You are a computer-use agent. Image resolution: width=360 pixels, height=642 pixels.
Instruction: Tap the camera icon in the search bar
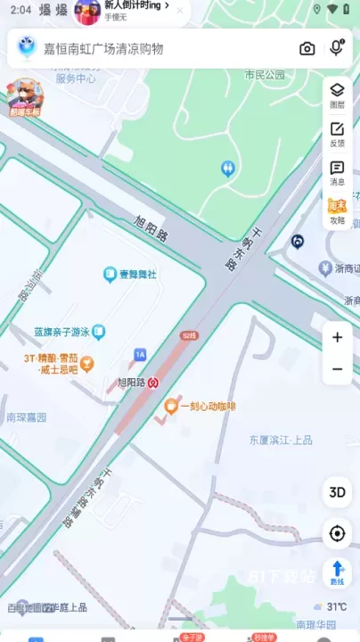[307, 48]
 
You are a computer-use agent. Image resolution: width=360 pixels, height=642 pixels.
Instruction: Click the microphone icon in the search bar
[336, 48]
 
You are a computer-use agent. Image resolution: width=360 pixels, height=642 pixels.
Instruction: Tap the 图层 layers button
[337, 94]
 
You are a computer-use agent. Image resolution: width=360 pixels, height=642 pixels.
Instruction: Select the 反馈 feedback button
[337, 134]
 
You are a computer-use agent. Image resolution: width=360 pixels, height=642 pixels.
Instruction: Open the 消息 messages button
[337, 172]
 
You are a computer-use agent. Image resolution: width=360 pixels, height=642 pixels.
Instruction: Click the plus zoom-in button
[337, 337]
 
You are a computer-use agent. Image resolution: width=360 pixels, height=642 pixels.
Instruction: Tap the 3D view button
[337, 492]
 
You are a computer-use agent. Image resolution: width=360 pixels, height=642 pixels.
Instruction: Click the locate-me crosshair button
[337, 533]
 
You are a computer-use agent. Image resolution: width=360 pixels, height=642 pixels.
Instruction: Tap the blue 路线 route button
[337, 572]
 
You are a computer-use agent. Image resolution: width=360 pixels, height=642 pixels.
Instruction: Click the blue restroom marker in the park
[228, 167]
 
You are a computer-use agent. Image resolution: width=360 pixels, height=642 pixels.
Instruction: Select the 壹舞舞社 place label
[136, 275]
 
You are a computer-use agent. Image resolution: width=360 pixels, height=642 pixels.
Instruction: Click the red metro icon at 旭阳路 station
[154, 383]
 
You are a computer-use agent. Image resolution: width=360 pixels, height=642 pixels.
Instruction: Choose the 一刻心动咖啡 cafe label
[207, 407]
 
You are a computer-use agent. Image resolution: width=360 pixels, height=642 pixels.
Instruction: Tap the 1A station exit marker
[140, 355]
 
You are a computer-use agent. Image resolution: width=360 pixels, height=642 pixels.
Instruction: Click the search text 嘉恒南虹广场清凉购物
[103, 48]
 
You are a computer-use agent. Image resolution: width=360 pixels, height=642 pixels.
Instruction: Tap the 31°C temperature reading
[337, 606]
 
